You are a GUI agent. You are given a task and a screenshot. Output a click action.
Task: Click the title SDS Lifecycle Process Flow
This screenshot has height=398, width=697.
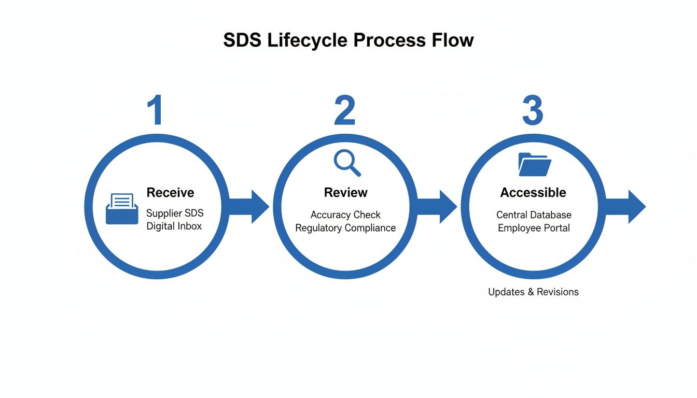click(348, 40)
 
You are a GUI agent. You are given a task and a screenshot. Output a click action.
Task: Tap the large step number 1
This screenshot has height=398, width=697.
click(155, 110)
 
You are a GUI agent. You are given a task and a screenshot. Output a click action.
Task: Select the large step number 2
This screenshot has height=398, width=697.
click(344, 110)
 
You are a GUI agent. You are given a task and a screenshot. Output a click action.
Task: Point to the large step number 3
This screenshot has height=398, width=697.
click(532, 110)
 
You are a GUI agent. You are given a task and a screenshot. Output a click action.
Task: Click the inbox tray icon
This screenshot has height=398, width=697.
click(122, 209)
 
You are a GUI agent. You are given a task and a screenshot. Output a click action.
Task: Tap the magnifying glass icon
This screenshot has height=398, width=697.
click(346, 163)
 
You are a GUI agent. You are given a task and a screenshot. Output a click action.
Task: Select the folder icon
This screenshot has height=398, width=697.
click(534, 164)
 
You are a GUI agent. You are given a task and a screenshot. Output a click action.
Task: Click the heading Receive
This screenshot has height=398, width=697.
click(170, 193)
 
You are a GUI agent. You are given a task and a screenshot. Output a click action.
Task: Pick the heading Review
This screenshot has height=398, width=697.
click(345, 193)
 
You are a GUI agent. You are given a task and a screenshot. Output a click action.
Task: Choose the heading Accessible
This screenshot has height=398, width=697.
click(533, 193)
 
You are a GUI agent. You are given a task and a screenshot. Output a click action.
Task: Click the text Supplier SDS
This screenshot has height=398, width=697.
click(174, 213)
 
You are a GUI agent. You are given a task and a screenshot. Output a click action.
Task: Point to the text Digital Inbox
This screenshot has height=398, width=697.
click(174, 226)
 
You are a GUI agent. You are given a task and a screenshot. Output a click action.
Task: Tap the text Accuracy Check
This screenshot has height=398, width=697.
click(345, 215)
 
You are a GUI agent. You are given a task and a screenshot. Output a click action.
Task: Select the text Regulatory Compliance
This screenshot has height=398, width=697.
click(345, 228)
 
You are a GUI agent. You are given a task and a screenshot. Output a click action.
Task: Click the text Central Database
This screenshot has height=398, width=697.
click(534, 215)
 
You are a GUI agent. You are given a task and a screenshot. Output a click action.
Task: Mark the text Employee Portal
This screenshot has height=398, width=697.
click(534, 228)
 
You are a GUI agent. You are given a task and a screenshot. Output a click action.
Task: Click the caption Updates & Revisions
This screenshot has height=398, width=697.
click(533, 292)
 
